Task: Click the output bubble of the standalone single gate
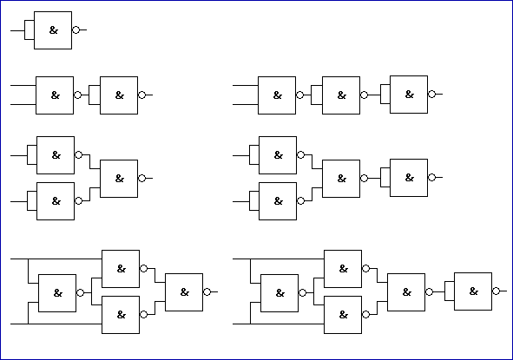click(x=76, y=30)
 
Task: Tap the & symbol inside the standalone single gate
click(x=54, y=30)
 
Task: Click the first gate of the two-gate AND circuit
click(x=55, y=95)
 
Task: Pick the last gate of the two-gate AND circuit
click(x=119, y=95)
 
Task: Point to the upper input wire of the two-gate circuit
click(x=23, y=85)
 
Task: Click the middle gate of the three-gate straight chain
click(x=341, y=95)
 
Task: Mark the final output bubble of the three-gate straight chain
click(x=432, y=95)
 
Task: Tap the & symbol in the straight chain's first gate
click(x=278, y=95)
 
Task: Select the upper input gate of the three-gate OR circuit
click(x=56, y=155)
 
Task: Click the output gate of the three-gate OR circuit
click(x=119, y=179)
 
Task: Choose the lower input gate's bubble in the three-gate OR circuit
click(x=78, y=200)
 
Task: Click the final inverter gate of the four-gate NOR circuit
click(x=409, y=178)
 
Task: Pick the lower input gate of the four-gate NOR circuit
click(x=278, y=201)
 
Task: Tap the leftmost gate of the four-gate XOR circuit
click(x=57, y=293)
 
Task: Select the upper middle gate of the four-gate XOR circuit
click(x=121, y=269)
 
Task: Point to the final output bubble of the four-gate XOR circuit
click(x=207, y=292)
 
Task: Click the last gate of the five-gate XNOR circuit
click(x=473, y=291)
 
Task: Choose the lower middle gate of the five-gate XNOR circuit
click(x=343, y=315)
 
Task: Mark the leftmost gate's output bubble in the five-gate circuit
click(x=302, y=292)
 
